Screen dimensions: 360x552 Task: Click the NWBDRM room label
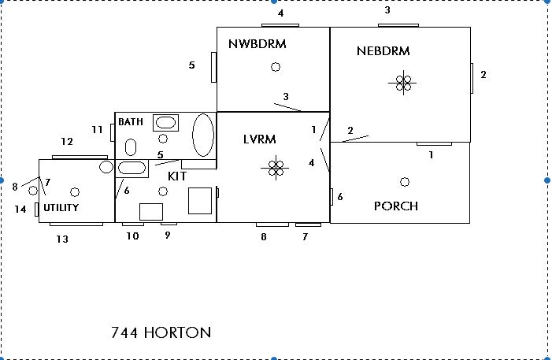point(257,43)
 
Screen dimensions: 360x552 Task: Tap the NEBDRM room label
point(383,51)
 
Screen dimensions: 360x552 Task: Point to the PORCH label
point(395,206)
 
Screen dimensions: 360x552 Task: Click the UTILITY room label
point(61,208)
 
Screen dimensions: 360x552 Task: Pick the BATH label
point(131,122)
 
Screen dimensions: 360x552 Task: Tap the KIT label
point(177,176)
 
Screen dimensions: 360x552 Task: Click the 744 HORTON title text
point(161,332)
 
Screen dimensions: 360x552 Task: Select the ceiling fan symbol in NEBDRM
point(404,82)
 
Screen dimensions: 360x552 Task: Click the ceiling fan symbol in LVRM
point(276,167)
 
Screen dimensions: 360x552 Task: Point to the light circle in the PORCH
point(405,182)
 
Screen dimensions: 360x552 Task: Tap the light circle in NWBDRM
point(276,67)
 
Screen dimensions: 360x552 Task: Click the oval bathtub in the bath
point(203,135)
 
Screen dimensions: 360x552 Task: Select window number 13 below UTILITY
point(76,225)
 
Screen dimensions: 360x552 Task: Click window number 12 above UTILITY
point(80,156)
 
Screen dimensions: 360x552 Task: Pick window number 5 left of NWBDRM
point(213,66)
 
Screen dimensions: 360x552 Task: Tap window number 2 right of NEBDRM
point(472,76)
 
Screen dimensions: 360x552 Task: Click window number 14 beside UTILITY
point(36,210)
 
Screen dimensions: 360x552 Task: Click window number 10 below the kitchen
point(132,225)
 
